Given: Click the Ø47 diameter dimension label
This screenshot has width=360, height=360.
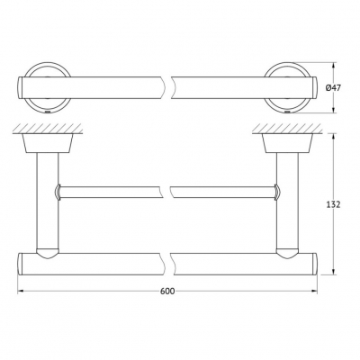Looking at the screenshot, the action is click(x=333, y=88).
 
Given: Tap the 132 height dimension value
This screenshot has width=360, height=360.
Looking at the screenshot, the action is click(x=333, y=204).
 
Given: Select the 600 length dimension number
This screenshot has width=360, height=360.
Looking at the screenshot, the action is click(x=167, y=291).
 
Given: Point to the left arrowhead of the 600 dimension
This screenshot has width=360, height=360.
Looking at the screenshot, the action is click(x=21, y=291).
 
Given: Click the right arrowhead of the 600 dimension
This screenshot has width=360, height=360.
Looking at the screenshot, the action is click(x=314, y=291).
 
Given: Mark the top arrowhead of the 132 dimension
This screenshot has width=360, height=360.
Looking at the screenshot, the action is click(x=333, y=137).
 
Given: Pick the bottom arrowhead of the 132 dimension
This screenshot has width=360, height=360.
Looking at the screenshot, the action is click(x=333, y=272).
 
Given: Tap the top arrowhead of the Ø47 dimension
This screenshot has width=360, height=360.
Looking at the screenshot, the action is click(x=333, y=66).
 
